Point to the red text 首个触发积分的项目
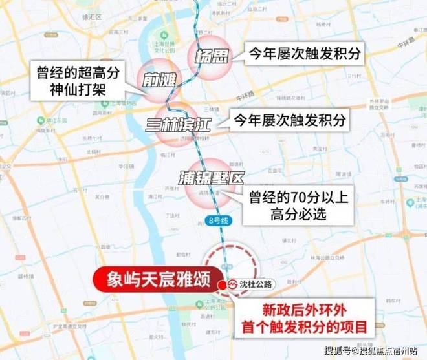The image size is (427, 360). tap(303, 327)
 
